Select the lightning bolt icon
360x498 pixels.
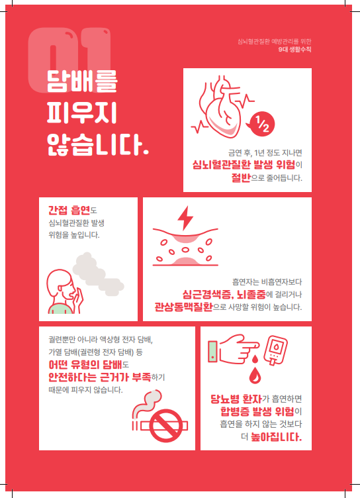[185, 218]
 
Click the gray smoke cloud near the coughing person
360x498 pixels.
[97, 274]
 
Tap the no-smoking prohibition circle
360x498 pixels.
[166, 426]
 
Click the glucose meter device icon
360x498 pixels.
[275, 350]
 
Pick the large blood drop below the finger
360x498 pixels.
[255, 375]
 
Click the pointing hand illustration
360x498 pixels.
[235, 349]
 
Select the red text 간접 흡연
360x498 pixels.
[69, 210]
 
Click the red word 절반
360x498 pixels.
[241, 177]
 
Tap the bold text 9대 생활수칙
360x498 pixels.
[295, 50]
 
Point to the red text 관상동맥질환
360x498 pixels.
[183, 307]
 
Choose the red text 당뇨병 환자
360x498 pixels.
[236, 399]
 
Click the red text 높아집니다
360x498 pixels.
[276, 437]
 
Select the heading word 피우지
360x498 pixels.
[82, 113]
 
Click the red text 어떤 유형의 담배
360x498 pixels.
[85, 365]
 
